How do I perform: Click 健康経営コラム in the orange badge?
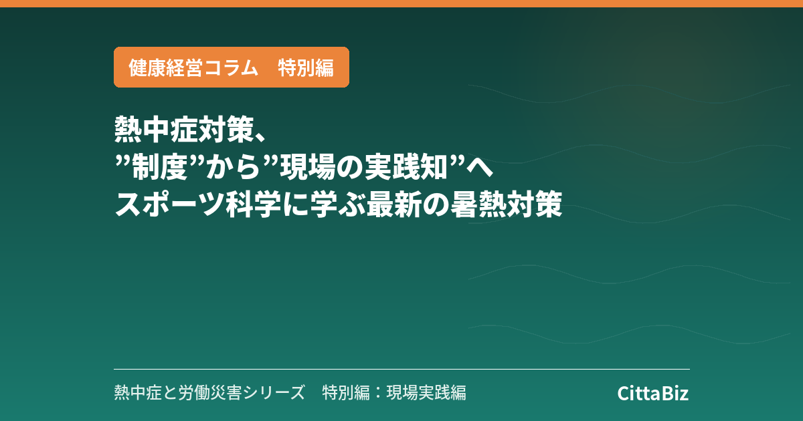[x=193, y=67]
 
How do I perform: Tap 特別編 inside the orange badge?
[x=306, y=67]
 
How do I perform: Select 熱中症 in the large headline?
[x=157, y=129]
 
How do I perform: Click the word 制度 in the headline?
[x=160, y=167]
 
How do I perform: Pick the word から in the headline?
[x=233, y=167]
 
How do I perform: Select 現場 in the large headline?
[x=308, y=167]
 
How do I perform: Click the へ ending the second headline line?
[x=479, y=168]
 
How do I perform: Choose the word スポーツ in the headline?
[x=170, y=204]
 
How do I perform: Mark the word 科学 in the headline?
[x=253, y=204]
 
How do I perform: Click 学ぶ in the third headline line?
[x=337, y=204]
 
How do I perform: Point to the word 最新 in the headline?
[x=393, y=204]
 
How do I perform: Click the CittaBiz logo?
[x=653, y=393]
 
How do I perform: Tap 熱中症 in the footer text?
[x=138, y=392]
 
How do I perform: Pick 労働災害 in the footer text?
[x=210, y=392]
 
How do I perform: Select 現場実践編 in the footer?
[x=426, y=392]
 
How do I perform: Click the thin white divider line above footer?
[x=402, y=369]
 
